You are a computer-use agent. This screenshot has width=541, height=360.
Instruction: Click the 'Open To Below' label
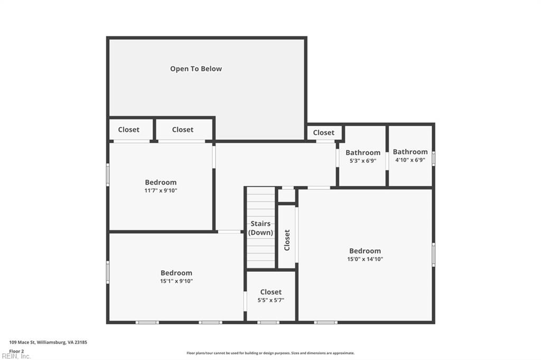pyautogui.click(x=195, y=69)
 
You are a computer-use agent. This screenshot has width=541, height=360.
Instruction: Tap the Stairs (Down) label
pyautogui.click(x=261, y=228)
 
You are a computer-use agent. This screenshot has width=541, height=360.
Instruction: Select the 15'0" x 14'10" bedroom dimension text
pyautogui.click(x=365, y=259)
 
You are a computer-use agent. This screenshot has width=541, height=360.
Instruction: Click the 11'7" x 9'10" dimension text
pyautogui.click(x=161, y=191)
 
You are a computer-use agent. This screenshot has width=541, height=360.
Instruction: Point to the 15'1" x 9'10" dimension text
pyautogui.click(x=176, y=281)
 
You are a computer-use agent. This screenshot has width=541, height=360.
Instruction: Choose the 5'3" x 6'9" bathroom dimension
pyautogui.click(x=362, y=161)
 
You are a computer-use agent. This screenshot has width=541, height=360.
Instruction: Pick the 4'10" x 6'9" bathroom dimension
pyautogui.click(x=410, y=160)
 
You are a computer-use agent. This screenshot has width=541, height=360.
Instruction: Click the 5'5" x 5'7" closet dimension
pyautogui.click(x=270, y=300)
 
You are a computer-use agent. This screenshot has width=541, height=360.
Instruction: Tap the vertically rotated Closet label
pyautogui.click(x=287, y=240)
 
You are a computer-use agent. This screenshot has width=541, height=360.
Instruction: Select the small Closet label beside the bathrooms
pyautogui.click(x=323, y=132)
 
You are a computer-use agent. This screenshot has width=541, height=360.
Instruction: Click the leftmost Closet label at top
pyautogui.click(x=128, y=129)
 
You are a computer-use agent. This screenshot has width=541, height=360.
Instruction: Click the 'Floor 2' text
pyautogui.click(x=16, y=350)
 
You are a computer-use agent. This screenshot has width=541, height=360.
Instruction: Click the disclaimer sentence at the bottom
pyautogui.click(x=270, y=353)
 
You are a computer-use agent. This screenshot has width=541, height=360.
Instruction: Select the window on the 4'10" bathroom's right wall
pyautogui.click(x=433, y=158)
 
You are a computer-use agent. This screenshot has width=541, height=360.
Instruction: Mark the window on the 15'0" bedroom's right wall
pyautogui.click(x=433, y=254)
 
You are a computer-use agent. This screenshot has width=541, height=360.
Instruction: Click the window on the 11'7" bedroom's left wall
pyautogui.click(x=108, y=174)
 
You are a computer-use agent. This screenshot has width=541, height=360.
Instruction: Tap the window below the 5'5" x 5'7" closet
pyautogui.click(x=268, y=322)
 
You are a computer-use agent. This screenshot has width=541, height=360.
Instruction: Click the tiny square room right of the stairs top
pyautogui.click(x=286, y=196)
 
